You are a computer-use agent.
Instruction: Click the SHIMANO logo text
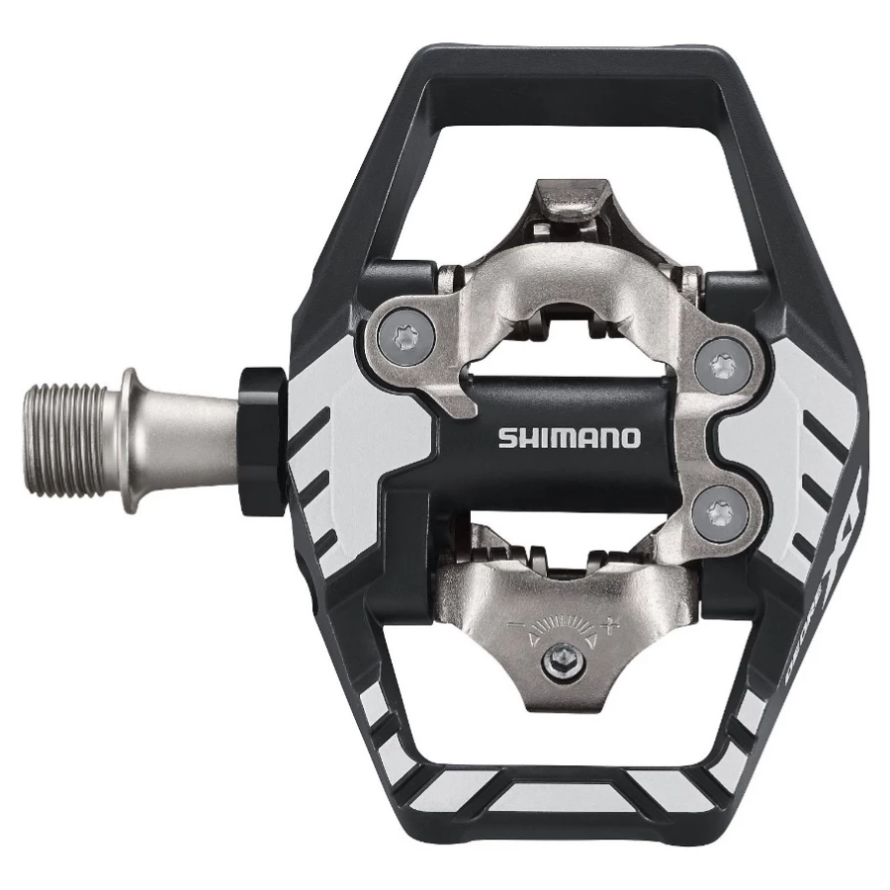(x=569, y=437)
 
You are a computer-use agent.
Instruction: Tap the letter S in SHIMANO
(x=504, y=437)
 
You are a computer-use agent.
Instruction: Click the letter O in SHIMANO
(x=630, y=437)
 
